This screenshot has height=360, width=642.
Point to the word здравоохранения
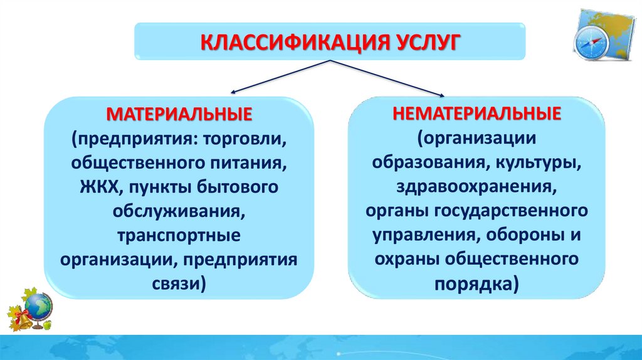(475, 186)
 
